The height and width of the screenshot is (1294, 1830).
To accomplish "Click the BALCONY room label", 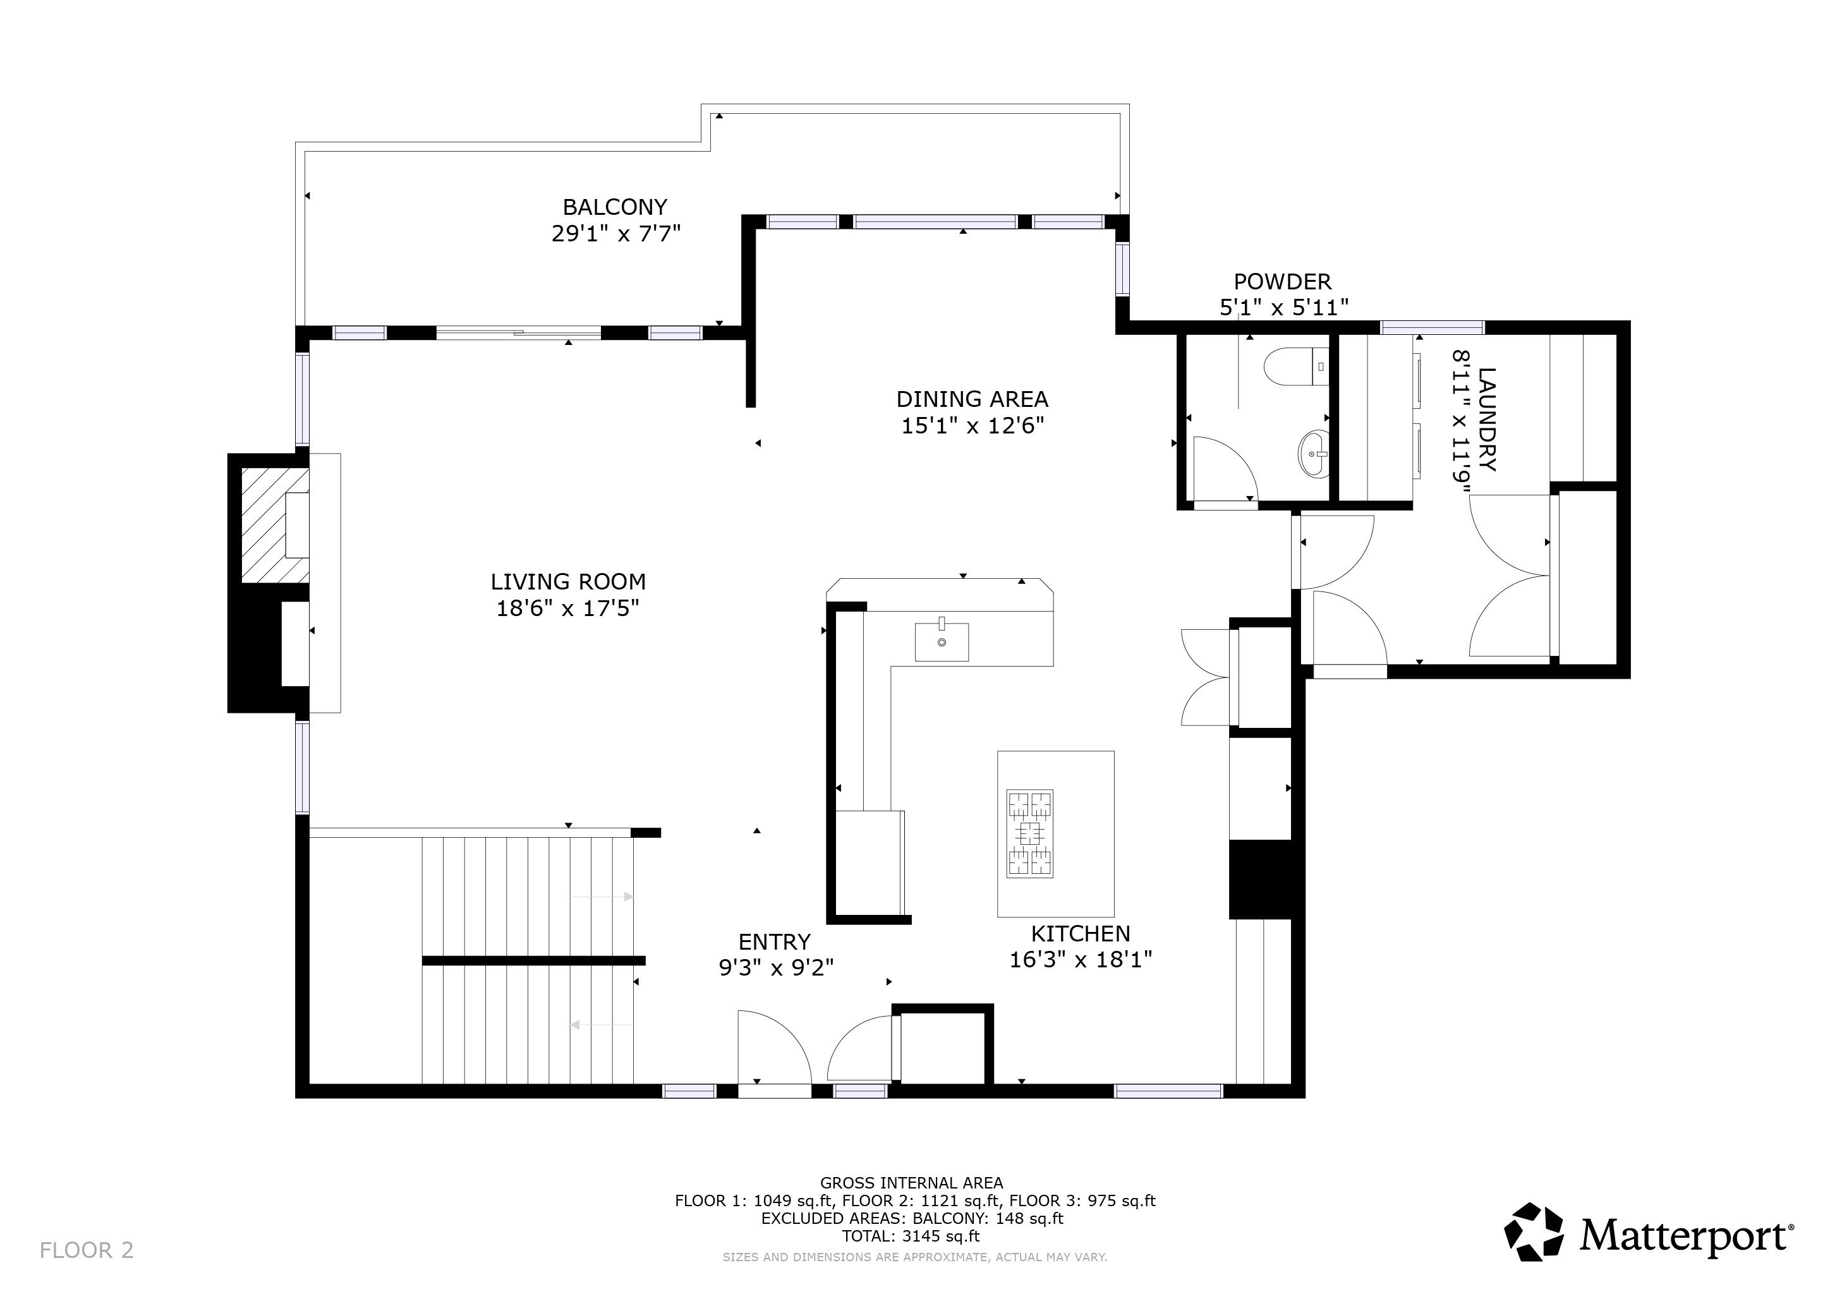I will click(614, 207).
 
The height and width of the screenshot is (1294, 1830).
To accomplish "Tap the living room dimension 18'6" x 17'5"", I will click(567, 608).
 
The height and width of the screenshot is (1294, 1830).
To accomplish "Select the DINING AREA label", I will click(972, 399).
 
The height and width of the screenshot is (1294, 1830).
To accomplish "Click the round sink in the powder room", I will click(1314, 454).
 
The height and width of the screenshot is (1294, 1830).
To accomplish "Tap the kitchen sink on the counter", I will click(942, 642).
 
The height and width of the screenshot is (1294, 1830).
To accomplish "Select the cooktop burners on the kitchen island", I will click(1030, 833).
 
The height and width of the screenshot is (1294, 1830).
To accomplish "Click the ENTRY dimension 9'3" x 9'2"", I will click(775, 967).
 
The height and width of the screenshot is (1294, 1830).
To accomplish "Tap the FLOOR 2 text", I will click(86, 1250).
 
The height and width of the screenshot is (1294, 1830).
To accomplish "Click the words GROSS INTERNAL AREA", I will click(911, 1183).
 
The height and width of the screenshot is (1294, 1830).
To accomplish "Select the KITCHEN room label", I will click(1080, 934).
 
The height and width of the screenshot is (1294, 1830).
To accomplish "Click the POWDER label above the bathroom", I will click(1282, 281).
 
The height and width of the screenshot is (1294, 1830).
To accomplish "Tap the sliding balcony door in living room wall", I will click(518, 333).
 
